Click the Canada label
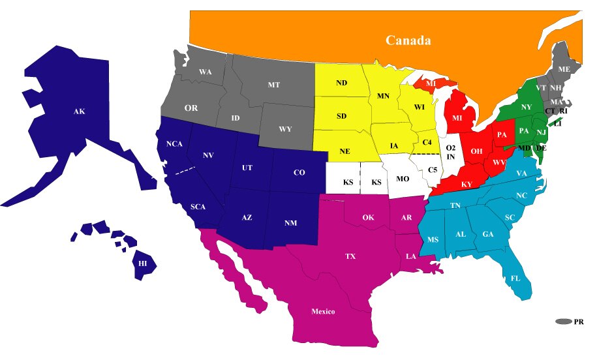click(x=408, y=40)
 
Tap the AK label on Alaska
click(x=79, y=112)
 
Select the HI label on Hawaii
click(x=142, y=263)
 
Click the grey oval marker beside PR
click(x=563, y=322)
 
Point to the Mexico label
click(x=322, y=311)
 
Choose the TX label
click(x=350, y=256)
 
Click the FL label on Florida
click(x=515, y=278)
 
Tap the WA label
click(x=205, y=72)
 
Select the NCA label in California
click(x=174, y=143)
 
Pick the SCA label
click(x=198, y=207)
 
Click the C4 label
click(x=427, y=142)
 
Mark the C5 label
click(x=433, y=171)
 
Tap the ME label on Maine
click(x=564, y=69)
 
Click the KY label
click(x=467, y=185)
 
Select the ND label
click(x=341, y=83)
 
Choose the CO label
click(x=299, y=173)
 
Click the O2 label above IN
click(x=450, y=149)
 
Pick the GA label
click(x=487, y=234)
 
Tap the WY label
click(x=285, y=129)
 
